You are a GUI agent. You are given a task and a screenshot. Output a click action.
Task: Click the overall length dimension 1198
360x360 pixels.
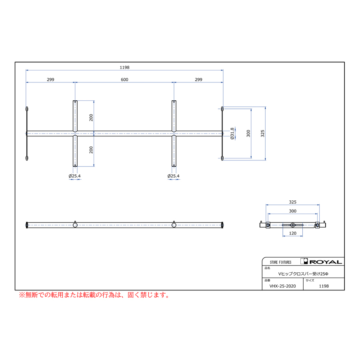124,68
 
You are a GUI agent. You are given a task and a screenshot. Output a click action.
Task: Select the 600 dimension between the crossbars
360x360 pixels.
124,80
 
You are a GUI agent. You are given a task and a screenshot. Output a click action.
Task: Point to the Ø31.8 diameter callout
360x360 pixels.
232,133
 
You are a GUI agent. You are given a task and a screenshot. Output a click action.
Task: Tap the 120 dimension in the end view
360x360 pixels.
292,233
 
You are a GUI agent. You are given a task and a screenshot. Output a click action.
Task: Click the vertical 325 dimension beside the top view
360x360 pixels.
263,133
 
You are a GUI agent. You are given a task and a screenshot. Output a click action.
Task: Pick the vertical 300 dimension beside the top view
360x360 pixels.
248,133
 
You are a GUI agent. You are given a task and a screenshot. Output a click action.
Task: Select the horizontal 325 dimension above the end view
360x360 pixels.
292,202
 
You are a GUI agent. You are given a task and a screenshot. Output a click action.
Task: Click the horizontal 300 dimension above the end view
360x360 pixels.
292,211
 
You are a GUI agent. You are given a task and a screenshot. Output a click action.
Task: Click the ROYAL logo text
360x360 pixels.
326,262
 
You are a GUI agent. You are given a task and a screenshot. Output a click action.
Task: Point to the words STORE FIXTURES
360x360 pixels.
280,262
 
